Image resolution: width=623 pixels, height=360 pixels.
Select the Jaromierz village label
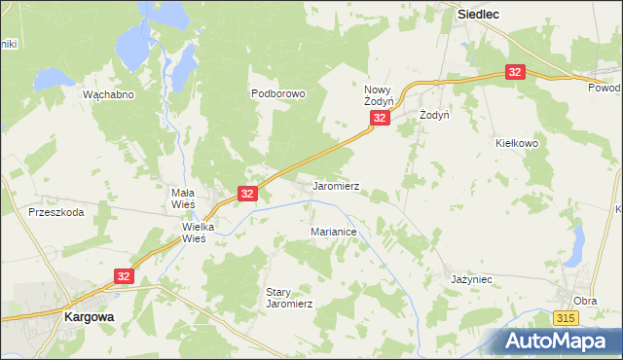point(336,185)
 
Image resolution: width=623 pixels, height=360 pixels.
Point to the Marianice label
point(334,234)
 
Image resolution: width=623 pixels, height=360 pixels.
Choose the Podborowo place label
point(278,94)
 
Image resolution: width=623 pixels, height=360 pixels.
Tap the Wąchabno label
point(108,95)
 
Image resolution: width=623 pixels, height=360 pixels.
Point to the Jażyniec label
point(472,279)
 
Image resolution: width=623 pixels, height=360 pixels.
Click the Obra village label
point(585,301)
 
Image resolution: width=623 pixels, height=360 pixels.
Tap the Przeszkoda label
point(55,211)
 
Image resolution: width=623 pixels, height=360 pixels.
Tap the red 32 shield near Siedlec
point(515,72)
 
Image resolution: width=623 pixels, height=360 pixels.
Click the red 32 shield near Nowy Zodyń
point(380,118)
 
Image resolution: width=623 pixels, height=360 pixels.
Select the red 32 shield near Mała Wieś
point(247,195)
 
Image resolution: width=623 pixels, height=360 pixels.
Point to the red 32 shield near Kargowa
point(123,276)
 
